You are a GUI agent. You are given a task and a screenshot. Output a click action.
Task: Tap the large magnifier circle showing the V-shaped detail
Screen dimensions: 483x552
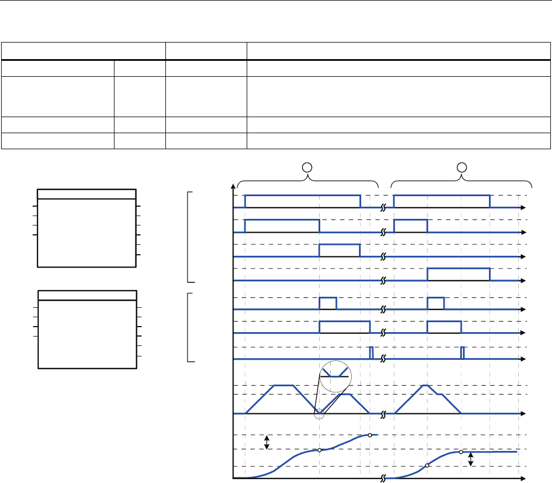(336, 375)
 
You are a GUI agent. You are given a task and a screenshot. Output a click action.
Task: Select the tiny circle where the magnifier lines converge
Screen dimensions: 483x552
(319, 413)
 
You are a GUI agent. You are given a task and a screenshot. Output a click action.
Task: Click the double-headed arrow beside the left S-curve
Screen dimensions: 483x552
(267, 442)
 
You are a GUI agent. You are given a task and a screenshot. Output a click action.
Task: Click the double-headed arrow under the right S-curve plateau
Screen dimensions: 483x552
(471, 459)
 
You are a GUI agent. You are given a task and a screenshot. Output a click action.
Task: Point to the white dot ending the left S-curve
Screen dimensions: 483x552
(370, 435)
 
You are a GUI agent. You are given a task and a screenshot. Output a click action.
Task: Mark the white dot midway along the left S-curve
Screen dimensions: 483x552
(319, 450)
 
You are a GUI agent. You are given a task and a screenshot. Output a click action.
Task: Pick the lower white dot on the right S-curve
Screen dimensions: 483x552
(427, 466)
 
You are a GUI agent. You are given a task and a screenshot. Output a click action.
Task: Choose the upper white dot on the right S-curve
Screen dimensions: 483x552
(461, 452)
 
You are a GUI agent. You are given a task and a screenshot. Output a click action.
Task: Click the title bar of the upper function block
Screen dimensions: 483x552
(87, 193)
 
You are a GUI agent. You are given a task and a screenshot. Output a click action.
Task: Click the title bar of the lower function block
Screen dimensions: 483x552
(87, 295)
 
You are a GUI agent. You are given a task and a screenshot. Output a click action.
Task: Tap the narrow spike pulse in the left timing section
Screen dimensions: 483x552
(371, 353)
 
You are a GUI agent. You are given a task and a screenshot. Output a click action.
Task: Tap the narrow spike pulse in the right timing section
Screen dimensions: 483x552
(463, 353)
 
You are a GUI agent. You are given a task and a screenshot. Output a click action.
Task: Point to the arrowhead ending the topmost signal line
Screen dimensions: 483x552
(524, 207)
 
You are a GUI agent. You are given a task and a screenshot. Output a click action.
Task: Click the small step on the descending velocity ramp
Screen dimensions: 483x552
(440, 395)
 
